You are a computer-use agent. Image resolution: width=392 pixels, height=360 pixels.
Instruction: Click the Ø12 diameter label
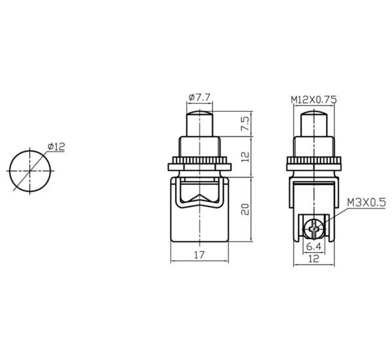coord(56,147)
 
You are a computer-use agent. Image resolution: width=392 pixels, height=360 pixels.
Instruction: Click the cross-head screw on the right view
coord(314,229)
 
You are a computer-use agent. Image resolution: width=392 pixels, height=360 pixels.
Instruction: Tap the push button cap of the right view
coord(314,122)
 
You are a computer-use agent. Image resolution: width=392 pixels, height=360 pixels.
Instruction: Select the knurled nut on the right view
coord(314,161)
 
